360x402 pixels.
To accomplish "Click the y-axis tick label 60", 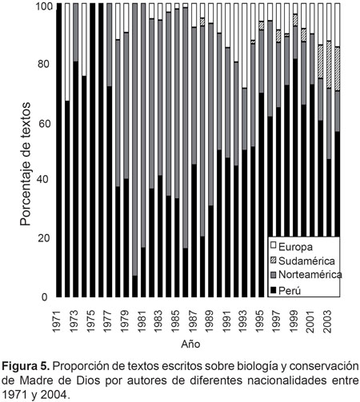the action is click(44, 124).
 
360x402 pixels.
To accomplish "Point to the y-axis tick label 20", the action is click(44, 238).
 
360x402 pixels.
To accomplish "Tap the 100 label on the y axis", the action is click(44, 7).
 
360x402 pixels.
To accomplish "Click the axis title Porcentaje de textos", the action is click(26, 165).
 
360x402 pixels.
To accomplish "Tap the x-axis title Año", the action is click(190, 344).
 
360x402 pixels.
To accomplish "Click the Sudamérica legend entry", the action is click(302, 261).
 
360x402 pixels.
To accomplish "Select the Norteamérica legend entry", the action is click(306, 275).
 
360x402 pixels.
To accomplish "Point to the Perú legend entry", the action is click(286, 290).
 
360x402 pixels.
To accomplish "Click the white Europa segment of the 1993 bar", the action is click(244, 46).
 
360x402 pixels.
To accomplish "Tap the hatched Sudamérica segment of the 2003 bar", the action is click(329, 65).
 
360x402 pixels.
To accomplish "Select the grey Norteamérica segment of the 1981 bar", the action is click(143, 125).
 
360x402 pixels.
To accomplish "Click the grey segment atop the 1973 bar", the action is click(76, 33).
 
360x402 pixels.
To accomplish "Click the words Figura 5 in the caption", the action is click(26, 367).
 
